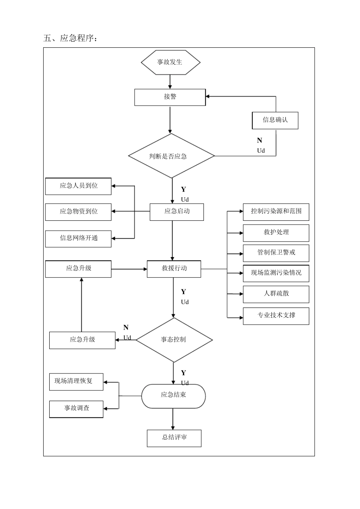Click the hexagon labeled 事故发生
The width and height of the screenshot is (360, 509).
tap(170, 62)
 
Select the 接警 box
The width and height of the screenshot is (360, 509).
tap(170, 97)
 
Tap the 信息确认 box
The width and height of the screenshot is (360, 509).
tap(275, 120)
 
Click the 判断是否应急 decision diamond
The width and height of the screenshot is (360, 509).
tap(171, 156)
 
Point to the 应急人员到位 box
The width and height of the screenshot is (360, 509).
tap(78, 186)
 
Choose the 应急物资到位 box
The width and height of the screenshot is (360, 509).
tap(78, 212)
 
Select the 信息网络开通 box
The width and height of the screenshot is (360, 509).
tap(78, 238)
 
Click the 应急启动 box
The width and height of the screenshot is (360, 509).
tap(177, 212)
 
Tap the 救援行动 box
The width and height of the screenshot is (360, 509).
tap(174, 269)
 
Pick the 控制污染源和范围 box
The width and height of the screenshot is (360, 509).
tap(276, 212)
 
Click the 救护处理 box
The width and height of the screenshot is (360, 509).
tap(276, 233)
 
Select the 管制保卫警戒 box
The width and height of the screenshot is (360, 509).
tap(276, 253)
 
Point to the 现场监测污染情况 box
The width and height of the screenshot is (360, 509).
tap(276, 273)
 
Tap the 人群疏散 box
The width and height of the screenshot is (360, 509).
tap(276, 294)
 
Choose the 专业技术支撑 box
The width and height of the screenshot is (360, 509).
tap(276, 315)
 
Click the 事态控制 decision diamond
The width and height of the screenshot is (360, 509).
tap(174, 340)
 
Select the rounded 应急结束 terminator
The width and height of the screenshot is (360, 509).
tap(174, 396)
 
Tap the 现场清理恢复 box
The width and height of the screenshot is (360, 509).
tap(76, 381)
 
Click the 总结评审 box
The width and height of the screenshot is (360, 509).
tap(174, 438)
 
